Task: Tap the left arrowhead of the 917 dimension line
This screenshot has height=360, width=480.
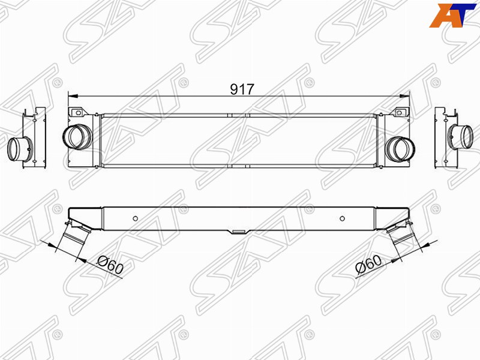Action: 72,95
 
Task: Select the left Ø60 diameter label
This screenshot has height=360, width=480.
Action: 109,265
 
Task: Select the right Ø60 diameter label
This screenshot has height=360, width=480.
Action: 368,265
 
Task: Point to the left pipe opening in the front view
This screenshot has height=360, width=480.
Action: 77,136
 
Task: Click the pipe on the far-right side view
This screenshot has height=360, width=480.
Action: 461,136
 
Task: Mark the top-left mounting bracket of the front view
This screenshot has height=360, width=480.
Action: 76,112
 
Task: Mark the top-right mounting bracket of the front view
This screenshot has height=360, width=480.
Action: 399,112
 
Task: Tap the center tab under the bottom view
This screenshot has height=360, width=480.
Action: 239,230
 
